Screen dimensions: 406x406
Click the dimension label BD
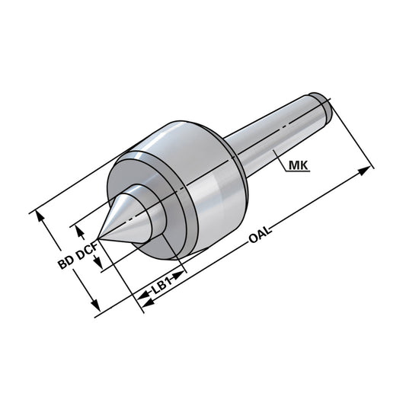(x=66, y=265)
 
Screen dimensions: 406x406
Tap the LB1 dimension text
(x=161, y=288)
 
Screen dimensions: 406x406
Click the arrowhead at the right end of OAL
(x=369, y=169)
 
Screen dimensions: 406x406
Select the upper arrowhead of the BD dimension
(x=43, y=217)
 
